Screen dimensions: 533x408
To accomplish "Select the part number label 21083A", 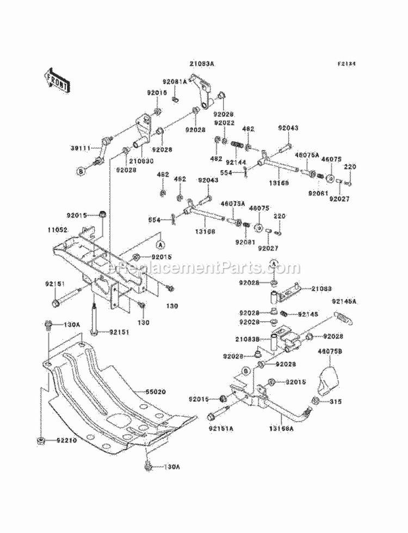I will click(x=202, y=64).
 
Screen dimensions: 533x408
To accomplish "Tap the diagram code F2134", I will click(x=345, y=64).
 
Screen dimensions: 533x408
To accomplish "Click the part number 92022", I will click(x=224, y=123).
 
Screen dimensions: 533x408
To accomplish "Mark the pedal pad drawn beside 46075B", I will click(x=327, y=380).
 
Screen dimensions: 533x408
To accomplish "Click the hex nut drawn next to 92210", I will click(x=41, y=441).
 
